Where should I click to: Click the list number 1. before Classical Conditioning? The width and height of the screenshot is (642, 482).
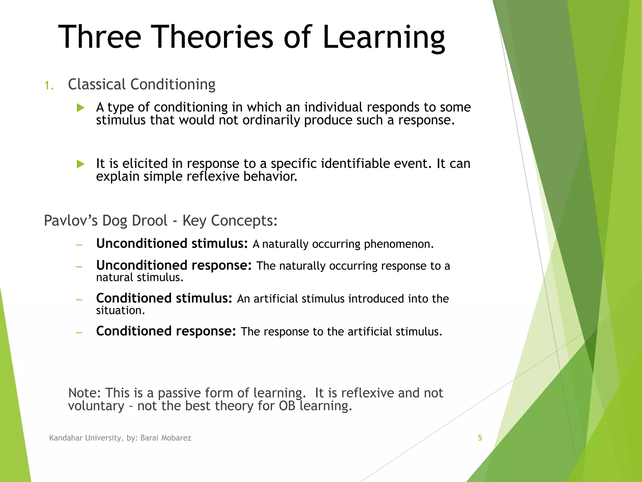(49, 85)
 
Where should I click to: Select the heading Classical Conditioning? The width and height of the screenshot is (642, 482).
(141, 84)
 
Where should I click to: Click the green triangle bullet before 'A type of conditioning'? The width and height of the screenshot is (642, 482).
(81, 108)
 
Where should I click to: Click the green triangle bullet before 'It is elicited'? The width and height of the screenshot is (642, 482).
(81, 164)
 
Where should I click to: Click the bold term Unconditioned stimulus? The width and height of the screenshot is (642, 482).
(172, 244)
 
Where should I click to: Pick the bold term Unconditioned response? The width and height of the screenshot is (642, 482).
(174, 265)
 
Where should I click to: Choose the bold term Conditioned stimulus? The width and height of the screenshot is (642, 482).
(164, 298)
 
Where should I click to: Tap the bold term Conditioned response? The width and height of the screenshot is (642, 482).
(166, 331)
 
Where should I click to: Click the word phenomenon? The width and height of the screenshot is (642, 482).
(399, 244)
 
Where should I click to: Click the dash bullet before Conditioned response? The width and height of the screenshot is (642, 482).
(79, 332)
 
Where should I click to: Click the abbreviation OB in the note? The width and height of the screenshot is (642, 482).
(287, 406)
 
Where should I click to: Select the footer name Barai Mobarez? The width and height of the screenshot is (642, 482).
(166, 438)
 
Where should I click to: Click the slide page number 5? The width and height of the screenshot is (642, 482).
(480, 438)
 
